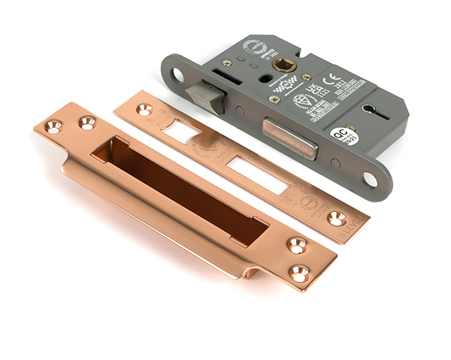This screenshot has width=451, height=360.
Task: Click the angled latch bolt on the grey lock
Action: tap(209, 96)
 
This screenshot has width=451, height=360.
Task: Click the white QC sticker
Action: tap(344, 138)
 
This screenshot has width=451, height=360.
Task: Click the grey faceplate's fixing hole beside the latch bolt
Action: tap(180, 74)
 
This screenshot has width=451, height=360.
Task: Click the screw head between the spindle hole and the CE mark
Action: tap(306, 77)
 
